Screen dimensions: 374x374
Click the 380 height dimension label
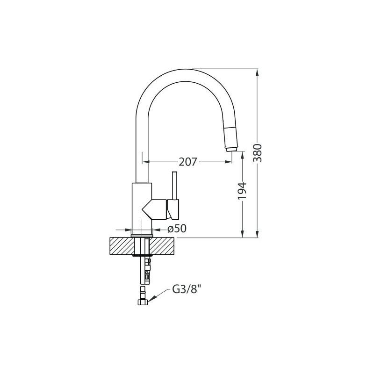(x=258, y=153)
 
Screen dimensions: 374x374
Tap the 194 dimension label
(x=242, y=191)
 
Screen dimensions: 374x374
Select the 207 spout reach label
(x=188, y=162)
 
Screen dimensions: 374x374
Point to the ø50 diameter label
(x=177, y=229)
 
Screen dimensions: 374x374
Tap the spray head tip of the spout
(x=231, y=149)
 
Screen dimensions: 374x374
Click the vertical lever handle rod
(x=174, y=185)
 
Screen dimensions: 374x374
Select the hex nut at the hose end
(x=143, y=302)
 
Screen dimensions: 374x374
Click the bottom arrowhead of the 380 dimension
(x=257, y=234)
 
